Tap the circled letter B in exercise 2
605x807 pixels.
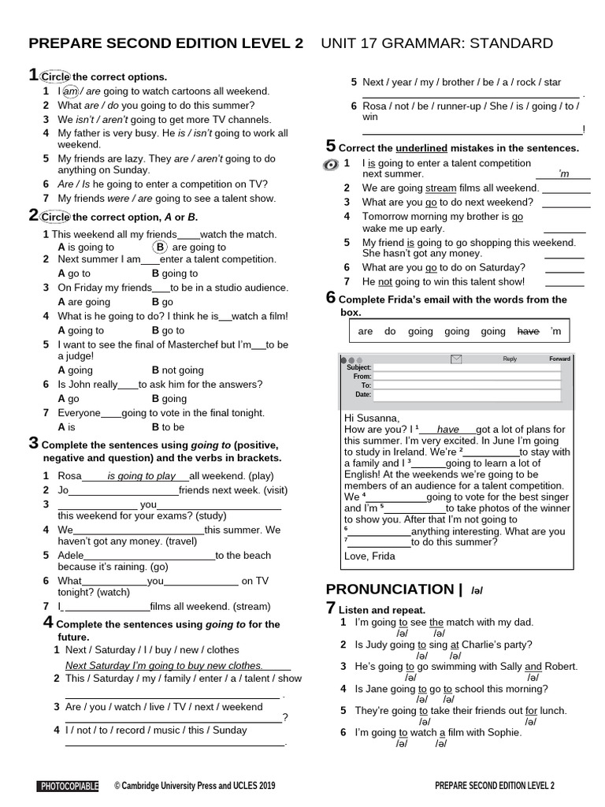tap(159, 247)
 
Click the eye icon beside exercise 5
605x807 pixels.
tap(331, 165)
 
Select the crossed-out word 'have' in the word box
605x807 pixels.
tap(528, 332)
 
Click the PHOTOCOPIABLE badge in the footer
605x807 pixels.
tap(68, 786)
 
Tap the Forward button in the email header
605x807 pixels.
tap(559, 359)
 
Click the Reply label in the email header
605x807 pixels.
tap(510, 359)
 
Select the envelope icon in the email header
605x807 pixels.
tap(456, 359)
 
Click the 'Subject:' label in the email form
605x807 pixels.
tap(358, 367)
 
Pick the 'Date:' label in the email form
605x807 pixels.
tap(362, 394)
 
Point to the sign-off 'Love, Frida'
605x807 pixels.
tap(370, 556)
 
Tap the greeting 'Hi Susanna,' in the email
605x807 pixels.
tap(372, 417)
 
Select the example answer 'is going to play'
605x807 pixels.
tap(142, 476)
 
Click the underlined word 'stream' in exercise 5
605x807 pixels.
tap(440, 188)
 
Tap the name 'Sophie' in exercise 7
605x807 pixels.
tap(503, 733)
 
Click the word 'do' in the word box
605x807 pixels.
tap(390, 332)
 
